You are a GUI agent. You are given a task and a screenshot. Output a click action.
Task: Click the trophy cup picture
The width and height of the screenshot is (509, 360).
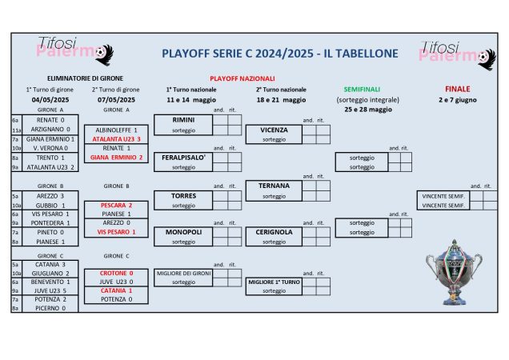click(454, 272)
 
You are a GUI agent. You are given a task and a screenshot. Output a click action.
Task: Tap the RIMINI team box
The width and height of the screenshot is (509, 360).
click(183, 119)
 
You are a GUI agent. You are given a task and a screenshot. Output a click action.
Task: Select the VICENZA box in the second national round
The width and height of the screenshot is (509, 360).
click(274, 130)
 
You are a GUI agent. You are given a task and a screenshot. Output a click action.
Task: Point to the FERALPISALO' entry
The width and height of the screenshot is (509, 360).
click(183, 157)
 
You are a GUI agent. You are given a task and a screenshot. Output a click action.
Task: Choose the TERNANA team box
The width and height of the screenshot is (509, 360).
click(274, 186)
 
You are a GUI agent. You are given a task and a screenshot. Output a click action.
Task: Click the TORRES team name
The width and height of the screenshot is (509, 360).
click(183, 195)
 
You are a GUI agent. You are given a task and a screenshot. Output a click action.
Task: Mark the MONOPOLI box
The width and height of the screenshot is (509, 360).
click(183, 232)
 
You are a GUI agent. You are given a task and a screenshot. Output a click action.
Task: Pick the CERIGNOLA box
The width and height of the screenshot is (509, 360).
click(274, 232)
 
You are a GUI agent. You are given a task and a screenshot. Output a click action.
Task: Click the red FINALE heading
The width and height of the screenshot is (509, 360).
click(457, 89)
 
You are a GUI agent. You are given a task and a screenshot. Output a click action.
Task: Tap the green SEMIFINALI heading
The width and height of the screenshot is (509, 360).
click(362, 89)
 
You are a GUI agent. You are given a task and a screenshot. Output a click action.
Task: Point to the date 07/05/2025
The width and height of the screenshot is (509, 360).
click(116, 100)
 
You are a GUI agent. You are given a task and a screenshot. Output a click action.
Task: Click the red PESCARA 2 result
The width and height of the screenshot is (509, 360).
click(116, 205)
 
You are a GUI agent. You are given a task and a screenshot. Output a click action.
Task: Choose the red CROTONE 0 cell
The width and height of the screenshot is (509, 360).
click(116, 273)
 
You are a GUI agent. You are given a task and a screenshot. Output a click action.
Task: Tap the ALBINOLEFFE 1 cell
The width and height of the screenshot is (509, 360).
click(116, 130)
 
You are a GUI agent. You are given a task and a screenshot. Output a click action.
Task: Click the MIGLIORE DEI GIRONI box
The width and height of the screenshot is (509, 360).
click(183, 273)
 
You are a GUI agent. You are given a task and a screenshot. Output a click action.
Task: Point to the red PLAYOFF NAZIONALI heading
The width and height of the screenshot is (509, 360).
click(242, 78)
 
